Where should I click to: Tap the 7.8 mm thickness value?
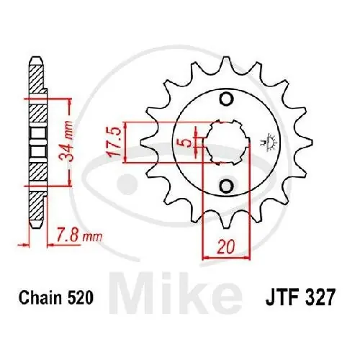click(78, 235)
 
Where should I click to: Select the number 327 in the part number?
click(318, 296)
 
